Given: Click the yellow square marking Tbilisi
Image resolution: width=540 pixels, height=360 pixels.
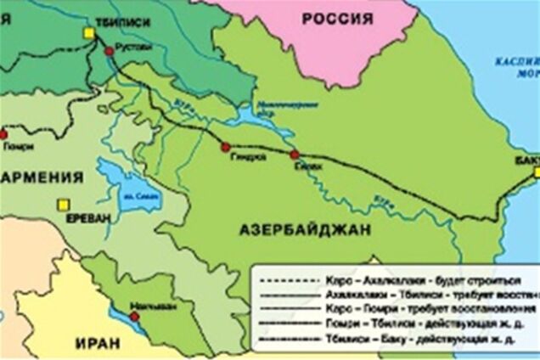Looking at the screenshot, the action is coord(88,33).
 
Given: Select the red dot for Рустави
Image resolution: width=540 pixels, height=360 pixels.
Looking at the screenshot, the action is coord(109,52).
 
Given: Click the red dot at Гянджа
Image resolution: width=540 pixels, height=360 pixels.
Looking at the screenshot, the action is coord(226,147).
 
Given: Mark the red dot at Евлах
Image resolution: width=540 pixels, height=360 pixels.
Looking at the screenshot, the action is coord(295,155).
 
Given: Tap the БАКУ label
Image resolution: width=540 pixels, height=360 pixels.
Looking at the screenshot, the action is coord(526,159).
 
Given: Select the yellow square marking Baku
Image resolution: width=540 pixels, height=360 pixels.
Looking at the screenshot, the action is coord(537,172).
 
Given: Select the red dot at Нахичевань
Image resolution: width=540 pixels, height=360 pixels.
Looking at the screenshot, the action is coord(133,317).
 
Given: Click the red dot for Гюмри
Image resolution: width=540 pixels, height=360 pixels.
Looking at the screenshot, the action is coord(3,133).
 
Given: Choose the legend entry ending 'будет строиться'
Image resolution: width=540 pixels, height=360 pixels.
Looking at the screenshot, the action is coord(399,278).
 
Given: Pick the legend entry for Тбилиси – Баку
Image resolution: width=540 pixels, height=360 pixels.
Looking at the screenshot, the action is coord(399,338).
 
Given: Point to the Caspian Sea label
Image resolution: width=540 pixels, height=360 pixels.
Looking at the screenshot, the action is coord(516,65).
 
